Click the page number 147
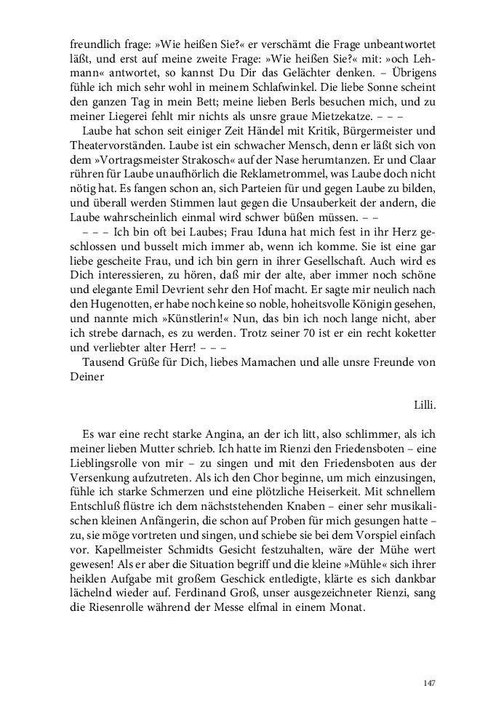click(428, 683)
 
